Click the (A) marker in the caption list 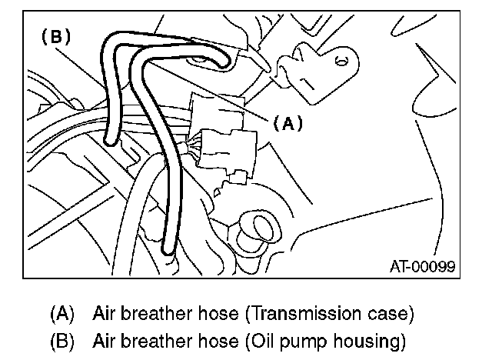click(x=62, y=314)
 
